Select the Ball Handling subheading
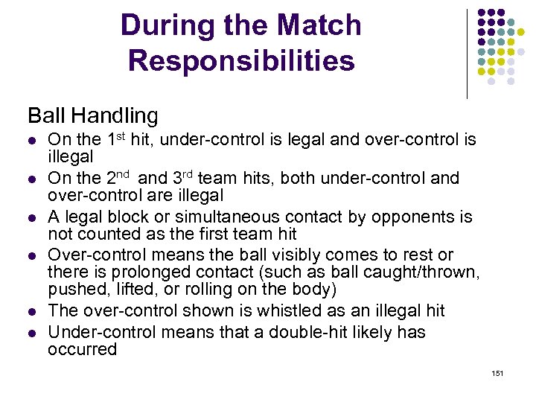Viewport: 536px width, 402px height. [x=93, y=115]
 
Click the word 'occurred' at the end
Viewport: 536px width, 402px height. [x=83, y=349]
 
